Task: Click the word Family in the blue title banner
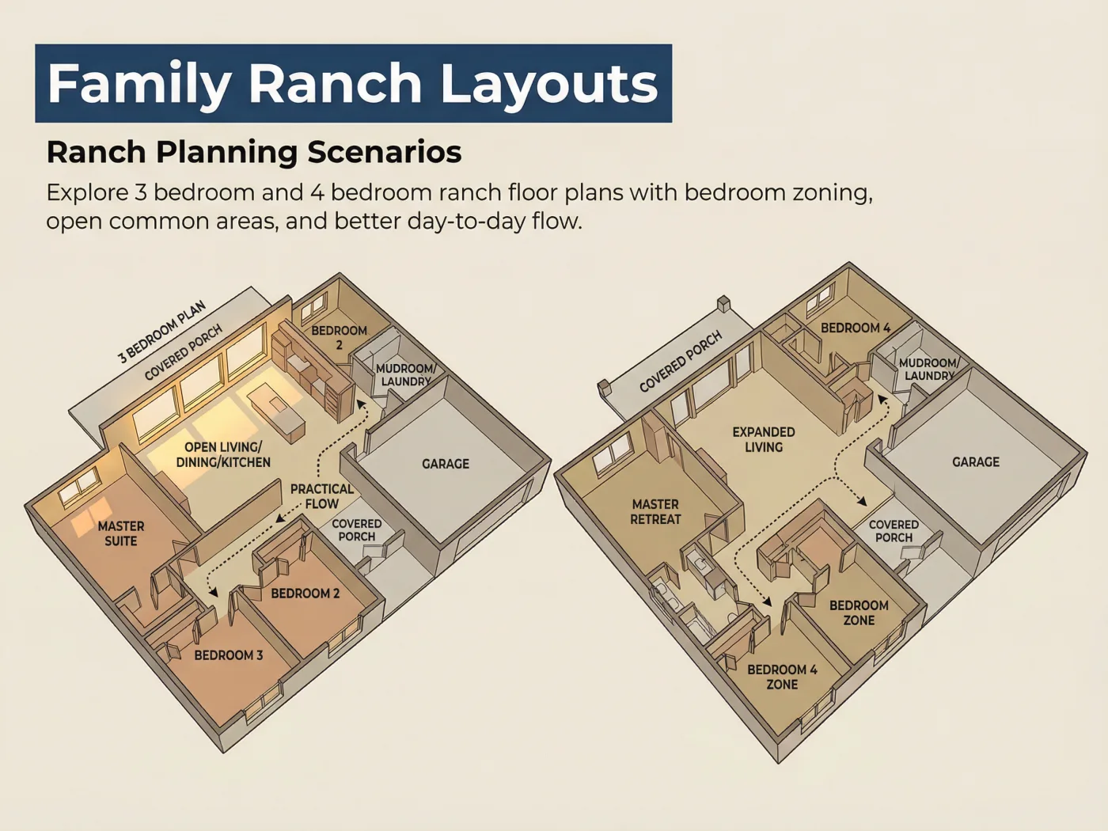pos(139,83)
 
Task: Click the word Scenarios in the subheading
pos(384,151)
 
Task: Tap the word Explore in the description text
pos(87,193)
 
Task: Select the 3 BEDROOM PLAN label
pos(162,332)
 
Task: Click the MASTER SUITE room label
pos(121,533)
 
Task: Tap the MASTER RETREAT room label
pos(656,511)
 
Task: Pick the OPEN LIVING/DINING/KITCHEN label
pos(223,454)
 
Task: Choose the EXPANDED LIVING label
pos(764,439)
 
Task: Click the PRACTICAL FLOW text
pos(322,496)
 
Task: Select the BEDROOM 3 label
pos(229,655)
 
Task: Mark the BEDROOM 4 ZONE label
pos(783,677)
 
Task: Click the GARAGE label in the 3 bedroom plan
pos(446,464)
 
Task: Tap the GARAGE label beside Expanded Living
pos(976,461)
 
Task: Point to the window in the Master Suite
pos(79,485)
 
